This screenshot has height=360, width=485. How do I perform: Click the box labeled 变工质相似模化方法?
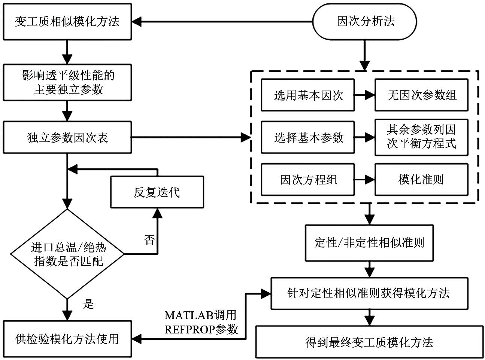tap(67, 22)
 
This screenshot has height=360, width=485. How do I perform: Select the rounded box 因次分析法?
tap(365, 22)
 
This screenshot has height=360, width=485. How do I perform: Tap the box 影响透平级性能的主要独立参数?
tap(67, 82)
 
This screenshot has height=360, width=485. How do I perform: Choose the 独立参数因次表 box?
tap(67, 137)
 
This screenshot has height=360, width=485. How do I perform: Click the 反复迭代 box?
tap(157, 192)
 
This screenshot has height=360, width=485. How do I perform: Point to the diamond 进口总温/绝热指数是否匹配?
tap(67, 254)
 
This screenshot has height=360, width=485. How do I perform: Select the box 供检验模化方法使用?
tap(67, 339)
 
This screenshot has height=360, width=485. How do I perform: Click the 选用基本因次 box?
tap(308, 95)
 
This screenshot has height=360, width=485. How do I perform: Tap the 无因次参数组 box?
tap(421, 95)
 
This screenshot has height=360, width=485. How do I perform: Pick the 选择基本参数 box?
tap(308, 137)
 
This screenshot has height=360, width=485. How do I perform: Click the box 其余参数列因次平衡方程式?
tap(421, 137)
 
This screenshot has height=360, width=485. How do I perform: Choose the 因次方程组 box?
tap(308, 180)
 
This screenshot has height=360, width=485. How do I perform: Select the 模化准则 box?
tap(421, 180)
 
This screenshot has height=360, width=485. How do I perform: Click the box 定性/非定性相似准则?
tap(369, 243)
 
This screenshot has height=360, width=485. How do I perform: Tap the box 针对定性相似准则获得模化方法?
tap(369, 293)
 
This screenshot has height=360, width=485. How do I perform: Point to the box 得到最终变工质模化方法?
tap(369, 342)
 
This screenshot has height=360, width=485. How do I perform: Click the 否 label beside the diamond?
tap(149, 240)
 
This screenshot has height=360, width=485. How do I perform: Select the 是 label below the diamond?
tap(88, 303)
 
